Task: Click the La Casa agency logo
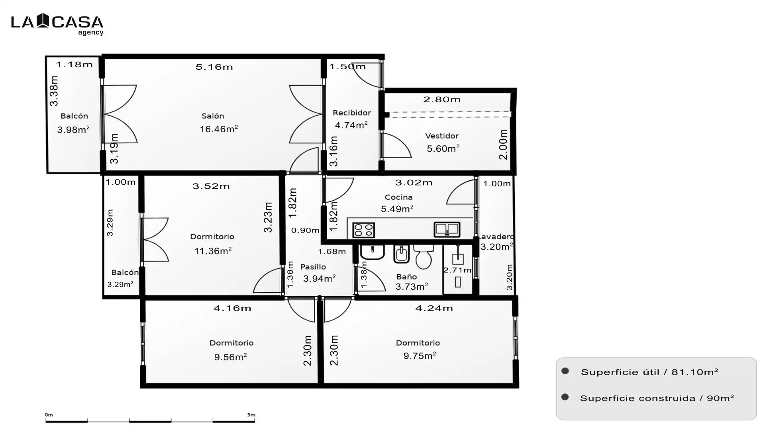(x=57, y=24)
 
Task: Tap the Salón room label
(x=213, y=116)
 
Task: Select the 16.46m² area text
(x=219, y=129)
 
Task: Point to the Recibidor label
(x=352, y=113)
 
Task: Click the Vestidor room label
(x=442, y=136)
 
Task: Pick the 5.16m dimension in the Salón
(x=214, y=67)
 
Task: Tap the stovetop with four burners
(x=363, y=230)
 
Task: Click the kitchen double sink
(x=447, y=229)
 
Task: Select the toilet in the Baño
(x=423, y=257)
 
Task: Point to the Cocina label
(x=398, y=197)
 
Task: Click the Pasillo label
(x=313, y=267)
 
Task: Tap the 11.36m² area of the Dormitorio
(x=213, y=251)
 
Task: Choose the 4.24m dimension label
(x=434, y=308)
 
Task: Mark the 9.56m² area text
(x=230, y=357)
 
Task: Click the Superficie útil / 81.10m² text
(x=649, y=372)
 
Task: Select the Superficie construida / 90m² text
(x=657, y=398)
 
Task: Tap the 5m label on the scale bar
(x=251, y=415)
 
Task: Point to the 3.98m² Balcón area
(x=73, y=129)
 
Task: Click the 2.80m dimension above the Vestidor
(x=442, y=100)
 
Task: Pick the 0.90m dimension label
(x=305, y=230)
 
